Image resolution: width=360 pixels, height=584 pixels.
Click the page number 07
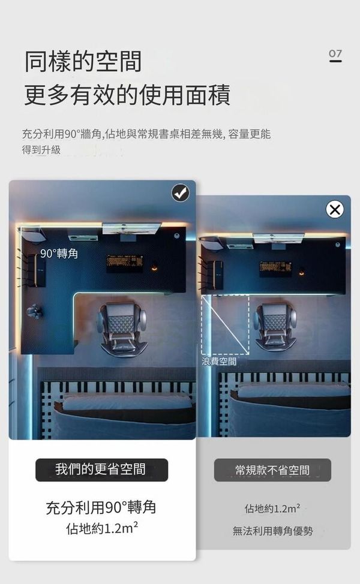335,55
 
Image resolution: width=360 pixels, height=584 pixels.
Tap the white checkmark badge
181,193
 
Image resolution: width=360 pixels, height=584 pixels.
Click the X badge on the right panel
335,209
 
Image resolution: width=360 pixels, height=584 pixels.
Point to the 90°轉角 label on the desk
59,254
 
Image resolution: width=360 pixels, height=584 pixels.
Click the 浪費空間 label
219,361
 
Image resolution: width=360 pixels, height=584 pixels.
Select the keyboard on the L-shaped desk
125,263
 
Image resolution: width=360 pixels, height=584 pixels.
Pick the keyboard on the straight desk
276,269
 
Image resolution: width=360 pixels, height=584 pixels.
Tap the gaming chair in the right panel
275,326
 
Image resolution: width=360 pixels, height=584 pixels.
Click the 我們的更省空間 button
102,469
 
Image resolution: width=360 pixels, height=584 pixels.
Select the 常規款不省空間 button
272,470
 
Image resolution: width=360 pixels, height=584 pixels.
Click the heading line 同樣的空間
83,61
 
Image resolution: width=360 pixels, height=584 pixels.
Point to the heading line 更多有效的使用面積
127,95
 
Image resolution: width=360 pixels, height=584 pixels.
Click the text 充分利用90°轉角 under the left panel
101,507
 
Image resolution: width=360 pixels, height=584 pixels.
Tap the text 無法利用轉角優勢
272,531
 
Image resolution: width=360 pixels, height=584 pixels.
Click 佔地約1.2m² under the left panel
102,528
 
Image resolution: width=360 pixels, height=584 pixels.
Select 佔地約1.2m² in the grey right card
272,508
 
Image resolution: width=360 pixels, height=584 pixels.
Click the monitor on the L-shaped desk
131,228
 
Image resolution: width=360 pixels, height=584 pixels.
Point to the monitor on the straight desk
278,238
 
